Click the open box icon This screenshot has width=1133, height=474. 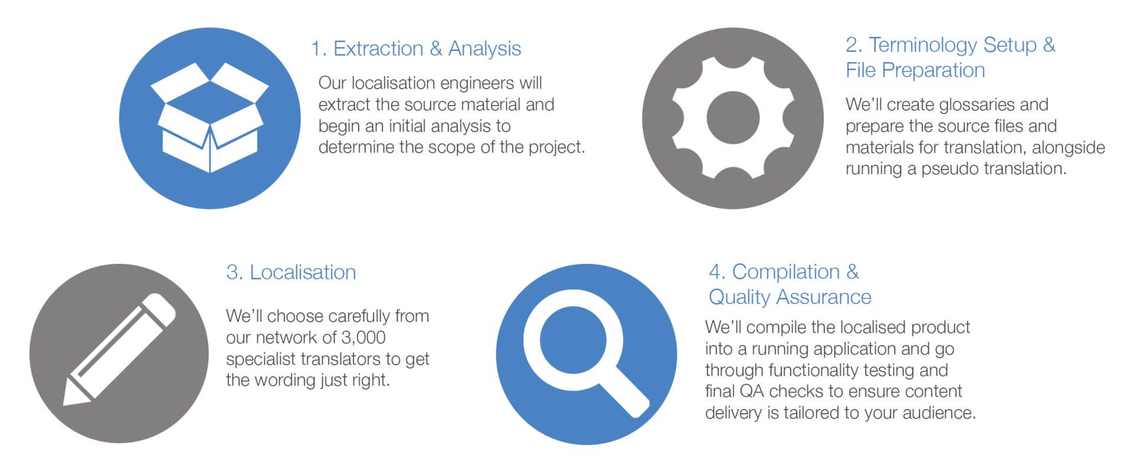209,118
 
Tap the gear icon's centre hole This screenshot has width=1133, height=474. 733,118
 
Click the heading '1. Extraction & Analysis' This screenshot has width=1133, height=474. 416,48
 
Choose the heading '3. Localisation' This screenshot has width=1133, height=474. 291,272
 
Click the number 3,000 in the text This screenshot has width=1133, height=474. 364,337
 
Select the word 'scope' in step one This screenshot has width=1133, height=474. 452,148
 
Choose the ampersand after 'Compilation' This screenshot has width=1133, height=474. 853,272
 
